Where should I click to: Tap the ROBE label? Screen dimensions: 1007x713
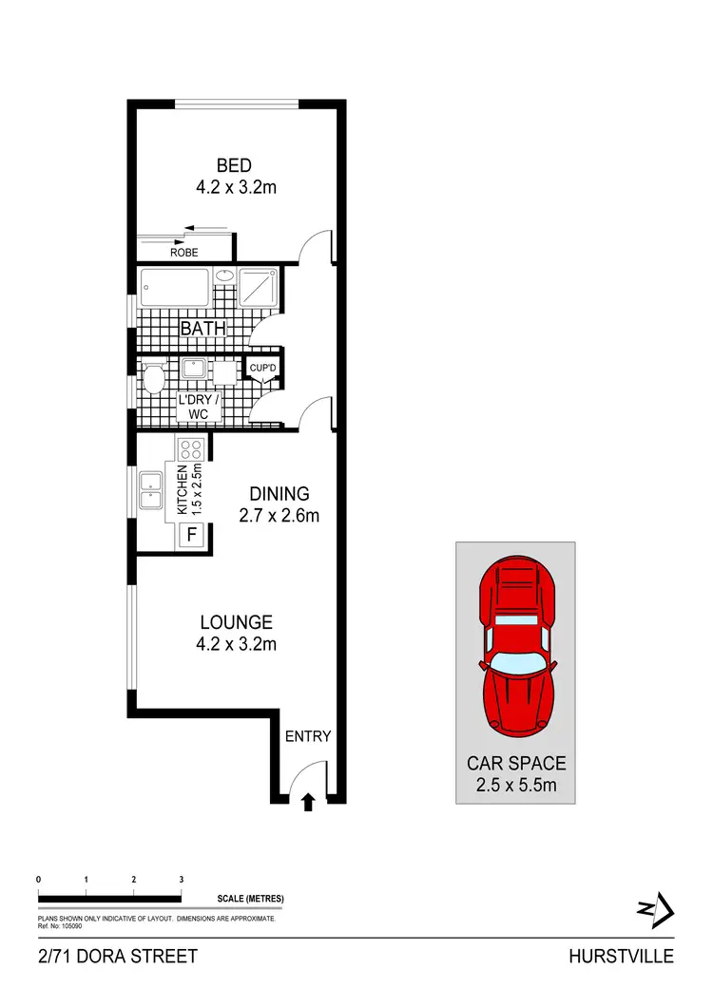[183, 253]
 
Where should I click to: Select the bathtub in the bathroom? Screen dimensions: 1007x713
[174, 285]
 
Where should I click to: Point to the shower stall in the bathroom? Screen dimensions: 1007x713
[260, 286]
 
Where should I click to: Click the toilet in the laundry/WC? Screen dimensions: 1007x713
[153, 380]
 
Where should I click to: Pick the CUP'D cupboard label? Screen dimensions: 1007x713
[261, 367]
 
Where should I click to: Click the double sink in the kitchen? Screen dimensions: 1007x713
[152, 490]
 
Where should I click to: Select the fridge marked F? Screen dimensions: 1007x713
[191, 534]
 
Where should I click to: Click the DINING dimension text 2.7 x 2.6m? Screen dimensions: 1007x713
[279, 516]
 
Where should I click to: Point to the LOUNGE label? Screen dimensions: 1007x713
[236, 623]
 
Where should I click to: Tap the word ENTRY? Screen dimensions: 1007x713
[308, 735]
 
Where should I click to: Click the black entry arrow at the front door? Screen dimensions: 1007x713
[308, 804]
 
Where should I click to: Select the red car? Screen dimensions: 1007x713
[515, 646]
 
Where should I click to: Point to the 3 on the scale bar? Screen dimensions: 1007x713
[181, 880]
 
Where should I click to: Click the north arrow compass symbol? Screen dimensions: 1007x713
[656, 910]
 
